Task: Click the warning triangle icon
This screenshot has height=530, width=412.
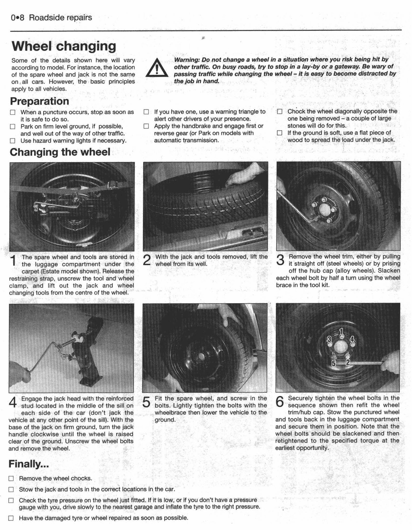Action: coord(157,68)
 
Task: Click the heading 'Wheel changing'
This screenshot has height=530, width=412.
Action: coord(64,46)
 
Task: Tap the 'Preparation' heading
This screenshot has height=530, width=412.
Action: coord(39,101)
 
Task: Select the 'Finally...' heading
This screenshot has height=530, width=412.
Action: coord(29,464)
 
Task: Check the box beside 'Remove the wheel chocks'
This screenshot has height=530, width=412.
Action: coord(11,479)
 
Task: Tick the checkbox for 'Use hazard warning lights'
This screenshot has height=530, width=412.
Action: coord(13,141)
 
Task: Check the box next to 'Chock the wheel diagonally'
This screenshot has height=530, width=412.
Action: coord(280,112)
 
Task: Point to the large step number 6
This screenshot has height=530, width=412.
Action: coord(280,402)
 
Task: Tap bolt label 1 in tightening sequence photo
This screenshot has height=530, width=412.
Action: coord(341,331)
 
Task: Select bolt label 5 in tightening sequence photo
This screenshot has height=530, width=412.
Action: coord(333,364)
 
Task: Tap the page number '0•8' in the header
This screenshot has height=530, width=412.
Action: coord(18,18)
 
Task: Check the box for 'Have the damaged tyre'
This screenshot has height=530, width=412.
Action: coord(11,518)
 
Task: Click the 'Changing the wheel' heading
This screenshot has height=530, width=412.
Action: coord(60,152)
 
